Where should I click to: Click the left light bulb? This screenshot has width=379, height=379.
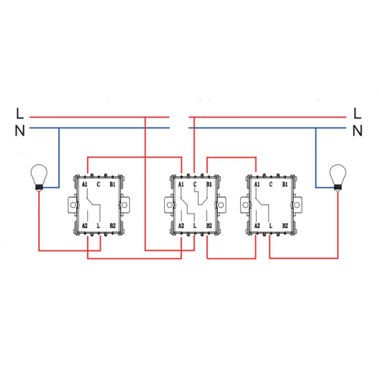[x=39, y=176]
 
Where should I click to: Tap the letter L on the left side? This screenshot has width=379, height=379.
[x=20, y=113]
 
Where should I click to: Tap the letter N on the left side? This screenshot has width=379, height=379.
[x=20, y=131]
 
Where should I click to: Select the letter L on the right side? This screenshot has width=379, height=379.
[x=357, y=113]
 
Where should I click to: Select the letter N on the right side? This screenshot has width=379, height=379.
[x=357, y=131]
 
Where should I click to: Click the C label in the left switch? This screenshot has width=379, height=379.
[x=99, y=185]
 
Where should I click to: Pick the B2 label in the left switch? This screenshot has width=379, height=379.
[x=113, y=226]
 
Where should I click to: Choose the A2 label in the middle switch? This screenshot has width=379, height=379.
[x=181, y=226]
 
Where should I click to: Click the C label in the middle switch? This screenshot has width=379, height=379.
[x=195, y=185]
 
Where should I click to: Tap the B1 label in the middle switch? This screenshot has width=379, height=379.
[x=208, y=185]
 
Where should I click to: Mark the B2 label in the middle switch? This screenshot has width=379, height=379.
[x=209, y=226]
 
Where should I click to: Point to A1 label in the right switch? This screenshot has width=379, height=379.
[x=257, y=185]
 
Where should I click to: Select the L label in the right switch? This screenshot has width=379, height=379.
[x=271, y=226]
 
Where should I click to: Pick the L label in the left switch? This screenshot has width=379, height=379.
[x=99, y=226]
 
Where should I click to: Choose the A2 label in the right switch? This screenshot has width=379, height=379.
[x=257, y=226]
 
